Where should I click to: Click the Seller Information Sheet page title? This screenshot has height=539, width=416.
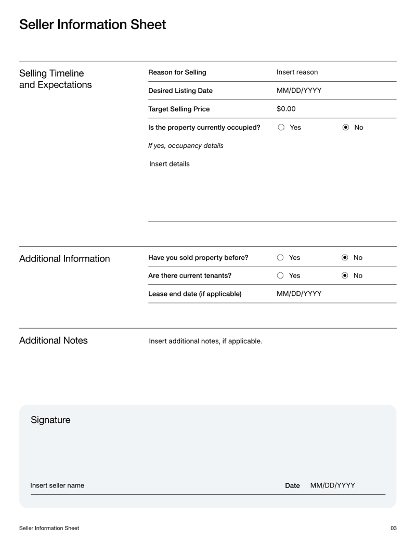click(93, 24)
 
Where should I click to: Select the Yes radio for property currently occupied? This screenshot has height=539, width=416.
click(281, 127)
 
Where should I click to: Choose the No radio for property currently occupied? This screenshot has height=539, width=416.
click(346, 127)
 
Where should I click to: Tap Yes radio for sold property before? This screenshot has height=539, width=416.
click(281, 257)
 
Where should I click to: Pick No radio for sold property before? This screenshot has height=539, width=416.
click(345, 257)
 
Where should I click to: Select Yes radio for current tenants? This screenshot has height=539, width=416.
click(281, 275)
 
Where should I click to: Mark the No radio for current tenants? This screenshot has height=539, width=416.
click(345, 275)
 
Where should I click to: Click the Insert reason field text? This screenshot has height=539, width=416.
click(297, 72)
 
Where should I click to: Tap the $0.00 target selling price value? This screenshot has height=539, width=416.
click(286, 109)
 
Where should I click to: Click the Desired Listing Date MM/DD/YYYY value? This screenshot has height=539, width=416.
click(299, 91)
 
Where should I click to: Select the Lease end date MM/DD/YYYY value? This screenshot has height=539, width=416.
click(299, 293)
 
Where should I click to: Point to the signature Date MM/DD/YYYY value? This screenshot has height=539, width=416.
click(333, 485)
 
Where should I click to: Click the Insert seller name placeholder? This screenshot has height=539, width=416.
click(57, 485)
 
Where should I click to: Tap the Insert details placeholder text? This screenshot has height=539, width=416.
click(170, 164)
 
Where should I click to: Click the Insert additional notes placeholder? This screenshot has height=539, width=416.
click(205, 341)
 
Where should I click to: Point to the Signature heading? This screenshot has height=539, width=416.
click(50, 420)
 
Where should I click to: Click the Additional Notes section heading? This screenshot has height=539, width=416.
click(54, 341)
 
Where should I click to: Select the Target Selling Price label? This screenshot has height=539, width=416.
click(179, 109)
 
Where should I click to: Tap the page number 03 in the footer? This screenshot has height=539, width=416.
click(393, 528)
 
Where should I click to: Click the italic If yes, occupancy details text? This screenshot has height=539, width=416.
click(186, 145)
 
